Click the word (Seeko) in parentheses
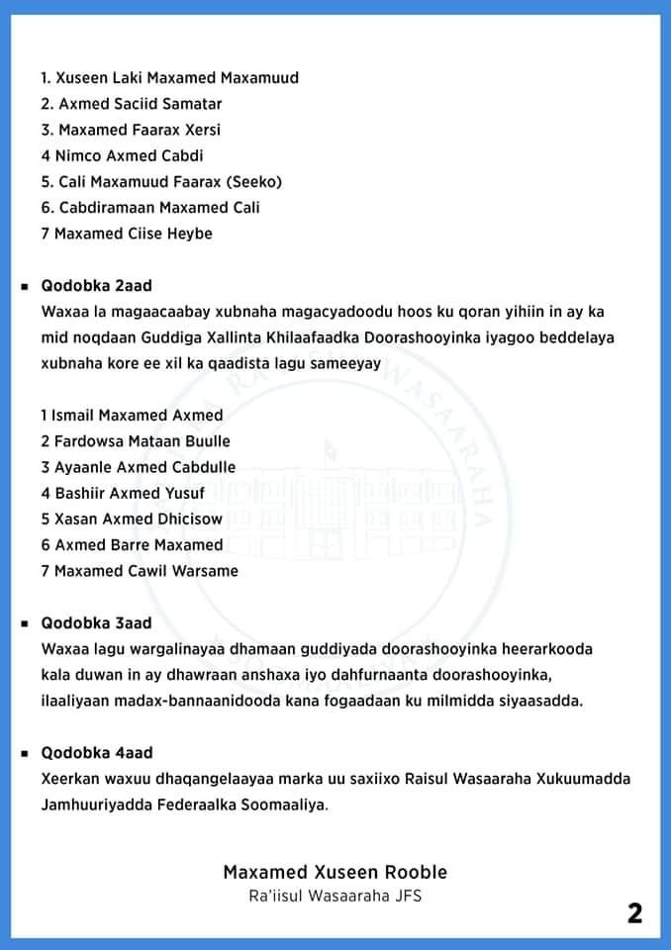[x=252, y=181]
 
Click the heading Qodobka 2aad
[x=96, y=285]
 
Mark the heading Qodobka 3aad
[x=96, y=622]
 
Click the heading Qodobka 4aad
[x=96, y=752]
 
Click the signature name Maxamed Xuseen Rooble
[x=335, y=872]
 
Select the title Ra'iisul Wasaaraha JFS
[x=335, y=897]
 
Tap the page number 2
[x=634, y=913]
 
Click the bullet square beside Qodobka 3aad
[x=23, y=623]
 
